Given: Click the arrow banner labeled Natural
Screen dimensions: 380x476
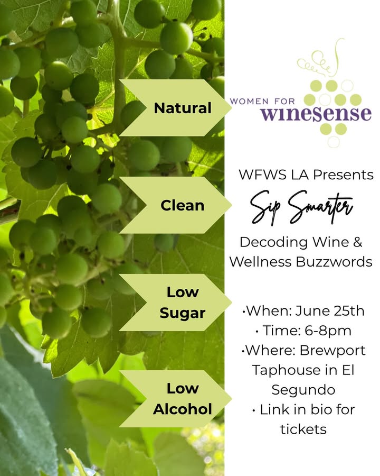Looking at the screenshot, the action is (x=176, y=108).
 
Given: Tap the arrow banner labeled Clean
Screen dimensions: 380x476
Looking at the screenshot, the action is (x=176, y=205).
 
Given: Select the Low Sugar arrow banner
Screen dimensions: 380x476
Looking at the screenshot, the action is (x=176, y=303).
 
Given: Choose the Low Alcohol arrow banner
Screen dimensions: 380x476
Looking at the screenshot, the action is (x=176, y=399).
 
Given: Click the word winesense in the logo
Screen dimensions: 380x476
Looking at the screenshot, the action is (x=316, y=114).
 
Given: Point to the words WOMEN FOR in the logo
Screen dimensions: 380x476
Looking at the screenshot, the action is (x=262, y=101).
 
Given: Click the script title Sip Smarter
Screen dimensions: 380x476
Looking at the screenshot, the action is (x=302, y=206).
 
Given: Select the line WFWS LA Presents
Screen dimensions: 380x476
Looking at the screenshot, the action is (x=306, y=175).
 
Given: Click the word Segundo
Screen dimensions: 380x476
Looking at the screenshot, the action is (x=303, y=390).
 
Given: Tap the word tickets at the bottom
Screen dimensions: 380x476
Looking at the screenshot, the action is (x=303, y=429).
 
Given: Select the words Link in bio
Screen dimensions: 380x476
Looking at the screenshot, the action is (x=294, y=409).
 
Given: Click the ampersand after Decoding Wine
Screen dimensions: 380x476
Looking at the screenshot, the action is (x=358, y=243).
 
